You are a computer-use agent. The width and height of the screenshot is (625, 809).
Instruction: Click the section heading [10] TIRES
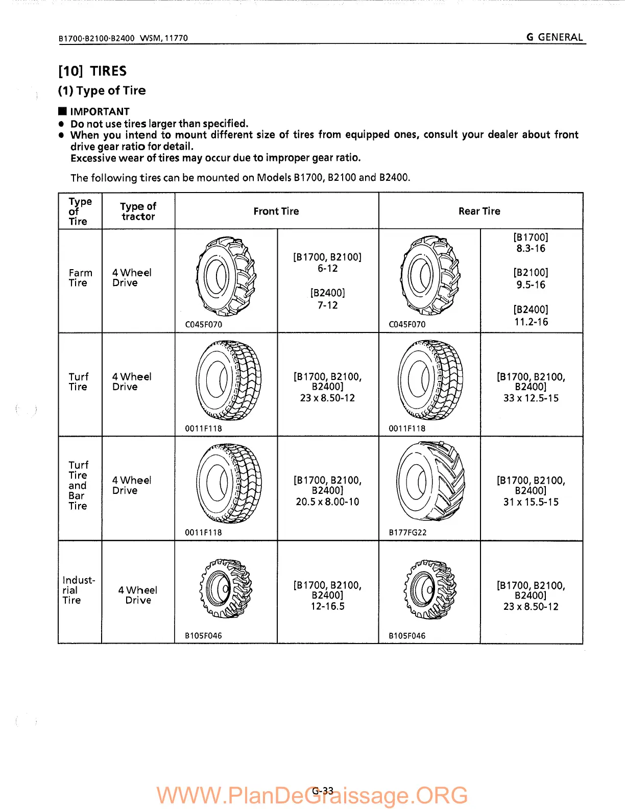click(92, 71)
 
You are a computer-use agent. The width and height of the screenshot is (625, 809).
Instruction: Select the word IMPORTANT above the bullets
click(100, 111)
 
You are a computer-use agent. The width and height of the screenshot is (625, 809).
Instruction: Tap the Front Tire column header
click(276, 211)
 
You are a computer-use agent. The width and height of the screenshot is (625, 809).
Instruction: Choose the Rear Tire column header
click(479, 211)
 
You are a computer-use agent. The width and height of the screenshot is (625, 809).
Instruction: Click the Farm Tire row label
click(80, 278)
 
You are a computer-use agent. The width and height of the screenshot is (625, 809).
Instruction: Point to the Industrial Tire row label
click(78, 590)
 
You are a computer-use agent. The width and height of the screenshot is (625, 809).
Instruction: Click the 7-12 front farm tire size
click(327, 305)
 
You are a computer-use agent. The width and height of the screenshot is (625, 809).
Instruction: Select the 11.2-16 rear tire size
click(531, 322)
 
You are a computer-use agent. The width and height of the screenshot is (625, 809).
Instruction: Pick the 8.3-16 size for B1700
click(531, 249)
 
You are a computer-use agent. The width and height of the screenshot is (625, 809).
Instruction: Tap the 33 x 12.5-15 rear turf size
click(531, 398)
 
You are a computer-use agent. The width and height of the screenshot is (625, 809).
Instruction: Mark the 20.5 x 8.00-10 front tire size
click(327, 502)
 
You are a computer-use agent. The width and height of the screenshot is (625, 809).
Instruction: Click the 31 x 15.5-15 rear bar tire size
click(531, 502)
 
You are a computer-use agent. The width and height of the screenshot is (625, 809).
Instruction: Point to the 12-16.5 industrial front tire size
click(327, 606)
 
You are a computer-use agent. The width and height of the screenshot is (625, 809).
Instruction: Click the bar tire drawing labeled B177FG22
click(430, 481)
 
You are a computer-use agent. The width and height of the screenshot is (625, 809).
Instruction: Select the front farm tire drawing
click(225, 276)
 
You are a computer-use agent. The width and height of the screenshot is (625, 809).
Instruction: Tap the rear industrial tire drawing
click(429, 589)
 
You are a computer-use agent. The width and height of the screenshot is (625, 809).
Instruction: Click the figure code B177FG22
click(407, 532)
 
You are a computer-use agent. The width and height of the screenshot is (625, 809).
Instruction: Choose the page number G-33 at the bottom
click(323, 791)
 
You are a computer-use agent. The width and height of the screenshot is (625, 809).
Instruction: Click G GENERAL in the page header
click(555, 37)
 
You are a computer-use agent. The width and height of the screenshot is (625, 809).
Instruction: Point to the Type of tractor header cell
click(138, 211)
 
